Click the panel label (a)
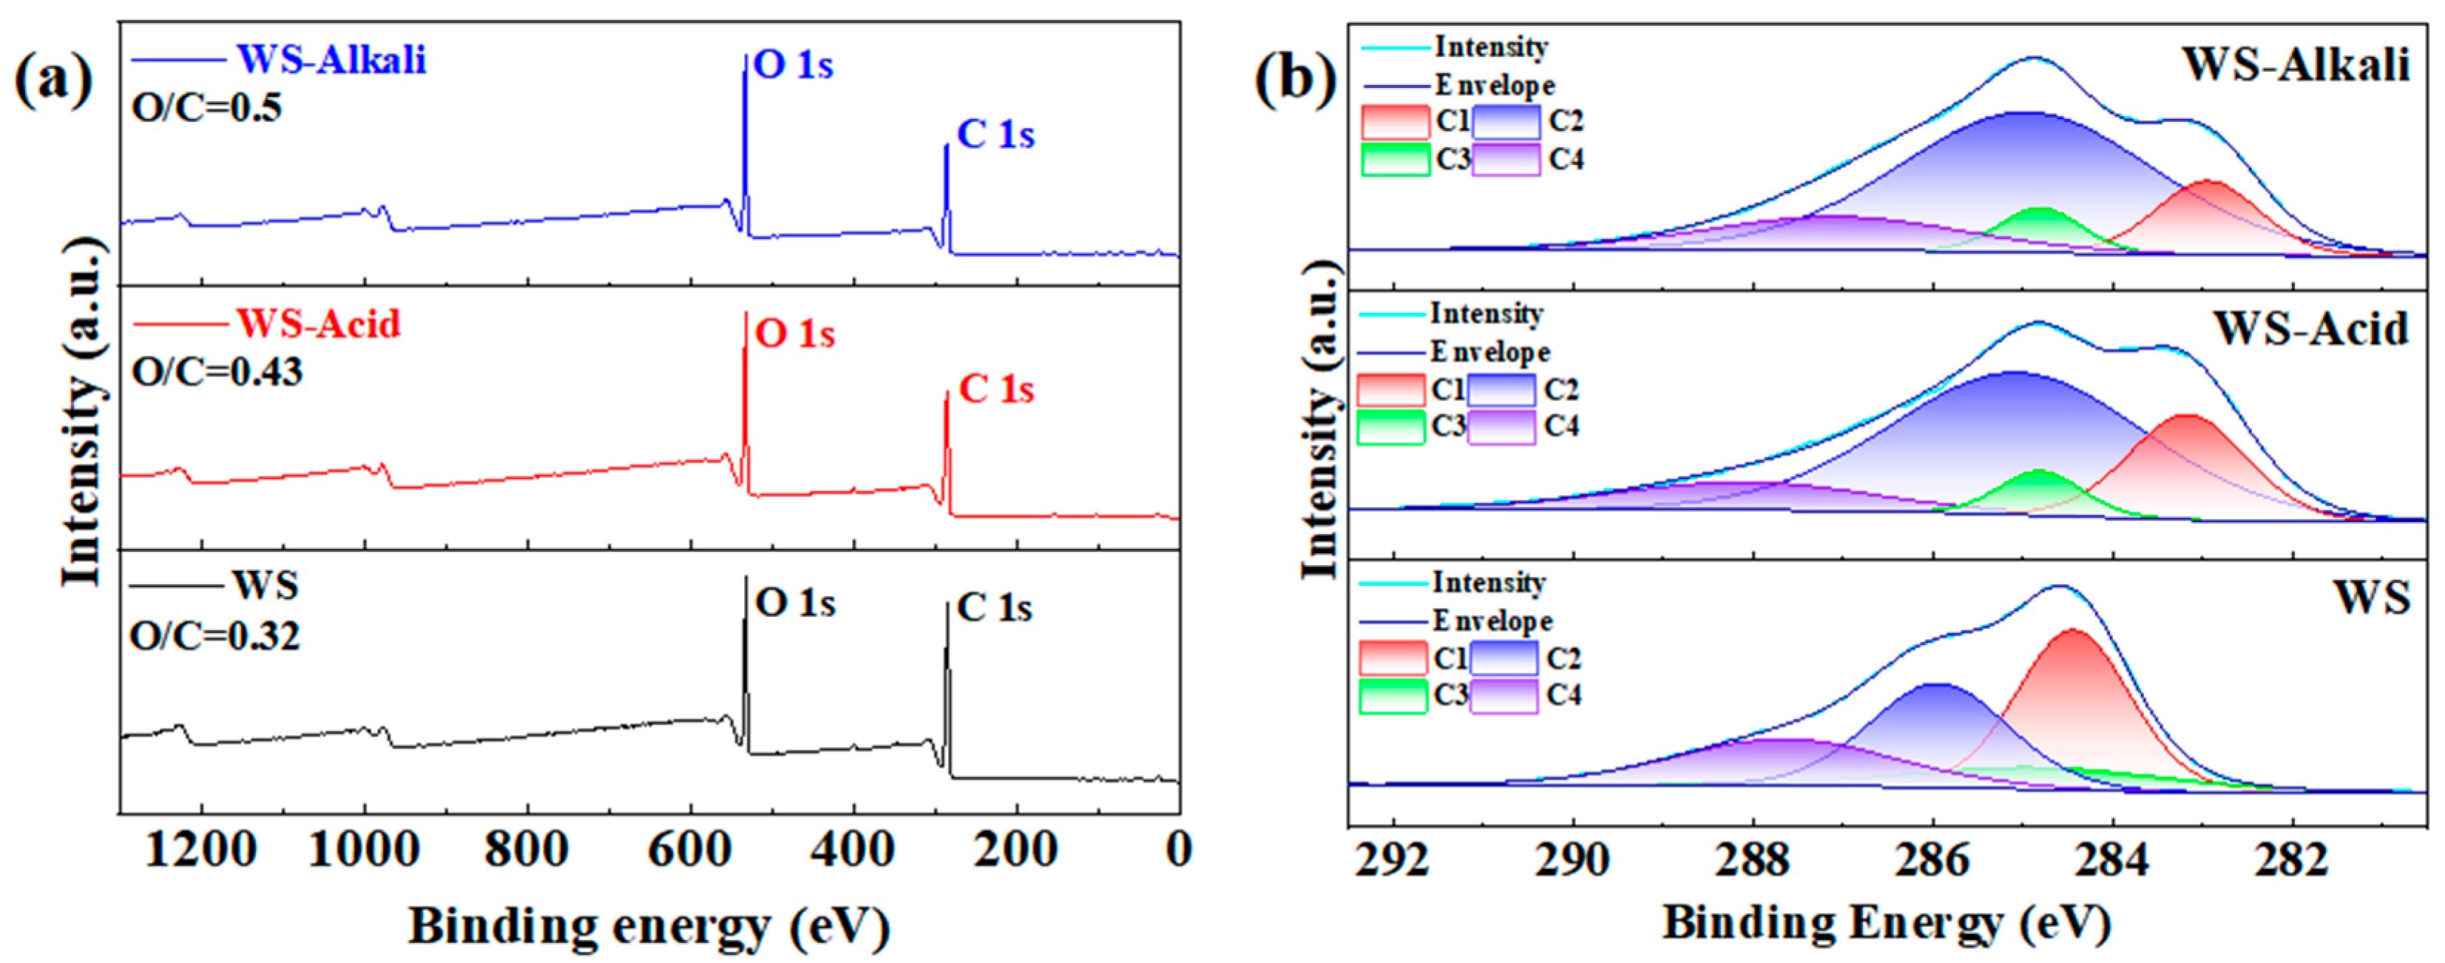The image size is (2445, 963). coord(53,80)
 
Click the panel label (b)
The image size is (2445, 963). coord(1295,80)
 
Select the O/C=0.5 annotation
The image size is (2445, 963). coord(207,108)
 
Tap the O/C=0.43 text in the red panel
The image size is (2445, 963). coord(217,372)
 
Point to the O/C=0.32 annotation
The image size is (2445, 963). coord(214,635)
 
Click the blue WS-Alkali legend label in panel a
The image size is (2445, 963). coord(331,60)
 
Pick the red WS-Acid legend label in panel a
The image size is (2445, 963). coord(318,325)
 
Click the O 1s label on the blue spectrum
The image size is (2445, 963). coord(794,66)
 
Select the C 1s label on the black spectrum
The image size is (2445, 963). coord(994,608)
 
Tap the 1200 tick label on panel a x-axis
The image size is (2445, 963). coord(200,849)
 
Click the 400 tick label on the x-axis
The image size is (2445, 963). coord(852,849)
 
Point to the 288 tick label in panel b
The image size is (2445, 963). coord(1752,860)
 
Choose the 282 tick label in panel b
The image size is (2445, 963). coord(2291,860)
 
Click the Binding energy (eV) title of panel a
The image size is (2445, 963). coord(649,926)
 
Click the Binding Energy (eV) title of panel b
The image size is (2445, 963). coord(1887,923)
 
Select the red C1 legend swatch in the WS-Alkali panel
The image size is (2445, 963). coord(1394,122)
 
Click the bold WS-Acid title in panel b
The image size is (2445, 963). coord(2311,329)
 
